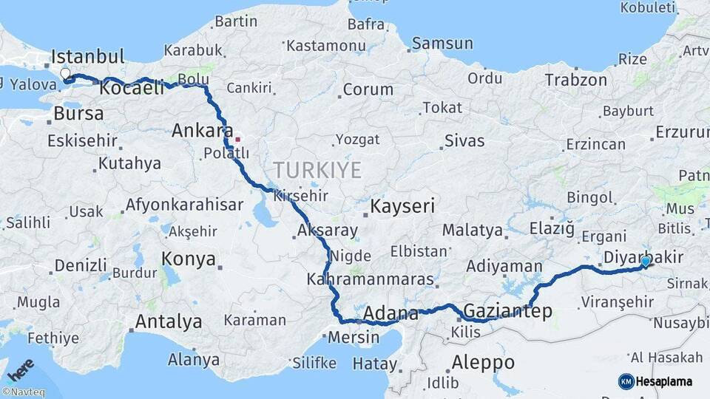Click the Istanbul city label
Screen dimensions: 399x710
(x=87, y=57)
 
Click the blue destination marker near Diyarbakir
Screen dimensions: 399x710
(x=646, y=262)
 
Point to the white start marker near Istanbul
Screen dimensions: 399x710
(x=65, y=74)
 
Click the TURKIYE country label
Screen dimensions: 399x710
(x=317, y=171)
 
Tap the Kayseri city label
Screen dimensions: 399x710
(x=402, y=206)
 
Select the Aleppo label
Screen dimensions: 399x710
(x=482, y=362)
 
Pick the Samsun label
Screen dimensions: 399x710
(x=442, y=44)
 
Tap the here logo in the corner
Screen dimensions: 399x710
(x=21, y=369)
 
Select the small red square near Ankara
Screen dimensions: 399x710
(x=237, y=139)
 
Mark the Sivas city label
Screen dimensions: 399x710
(x=464, y=140)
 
